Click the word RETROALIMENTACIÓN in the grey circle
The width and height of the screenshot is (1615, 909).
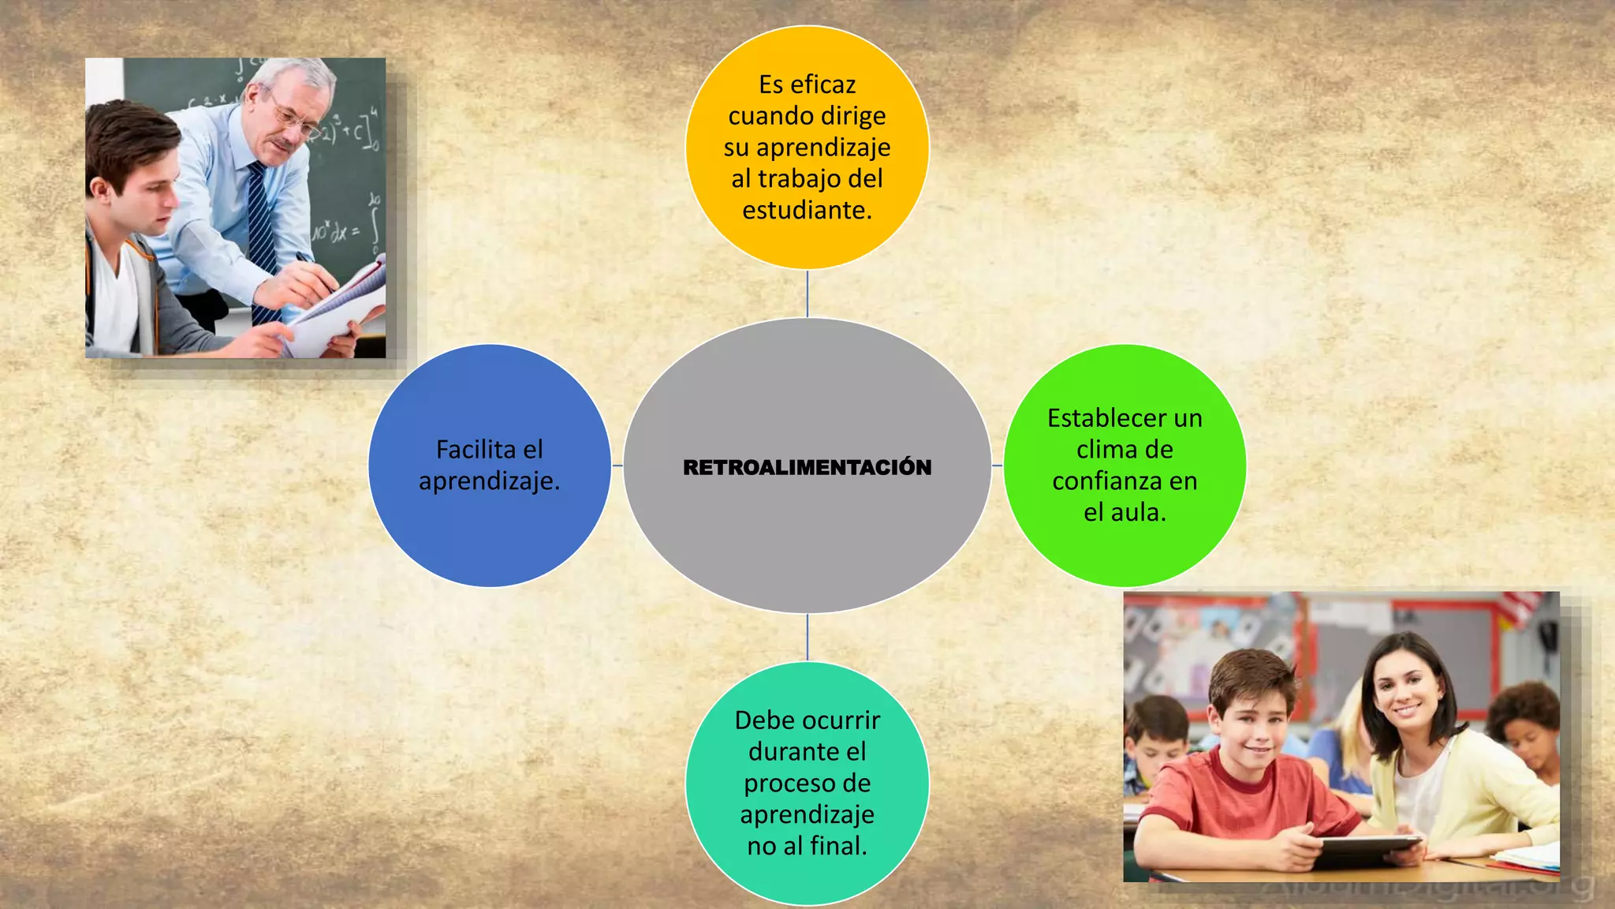[x=807, y=467]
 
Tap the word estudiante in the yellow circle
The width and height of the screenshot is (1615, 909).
[x=804, y=210]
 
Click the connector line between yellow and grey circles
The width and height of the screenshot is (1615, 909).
[x=807, y=294]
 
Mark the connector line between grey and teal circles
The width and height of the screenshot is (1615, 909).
[x=807, y=638]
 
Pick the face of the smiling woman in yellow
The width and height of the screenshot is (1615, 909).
[x=1406, y=694]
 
